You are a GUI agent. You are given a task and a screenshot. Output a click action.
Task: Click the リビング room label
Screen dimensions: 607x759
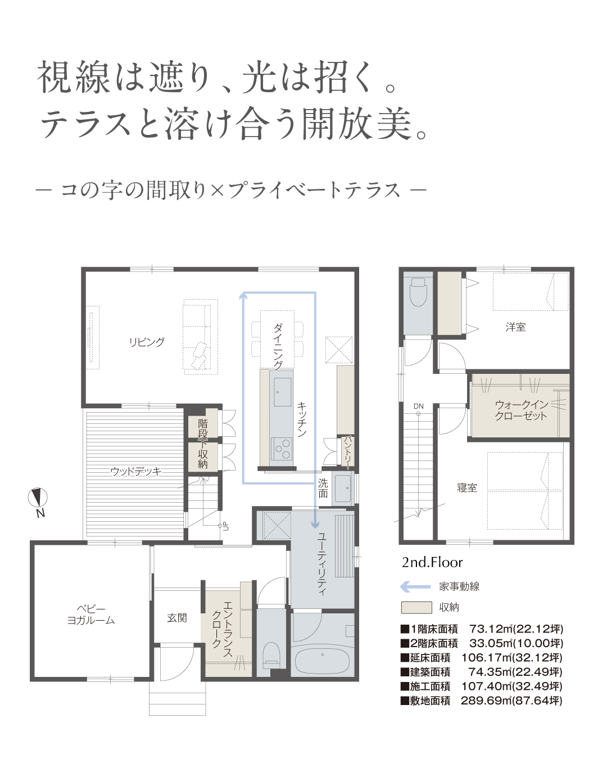pos(146,342)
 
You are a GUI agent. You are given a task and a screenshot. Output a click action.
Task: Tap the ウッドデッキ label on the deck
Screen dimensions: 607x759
pos(136,471)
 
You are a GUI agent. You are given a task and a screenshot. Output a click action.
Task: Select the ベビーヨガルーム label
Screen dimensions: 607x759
pos(91,615)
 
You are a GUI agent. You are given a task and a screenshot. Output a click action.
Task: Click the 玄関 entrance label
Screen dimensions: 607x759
pos(176,617)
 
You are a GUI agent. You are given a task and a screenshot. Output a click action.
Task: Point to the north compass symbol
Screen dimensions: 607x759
pos(38,498)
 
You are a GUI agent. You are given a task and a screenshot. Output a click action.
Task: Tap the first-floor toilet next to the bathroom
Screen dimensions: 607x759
pos(271,656)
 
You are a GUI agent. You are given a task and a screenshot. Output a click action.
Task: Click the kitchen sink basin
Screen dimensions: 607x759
pos(283,392)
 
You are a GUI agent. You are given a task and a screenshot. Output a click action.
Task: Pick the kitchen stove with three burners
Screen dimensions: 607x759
pos(282,449)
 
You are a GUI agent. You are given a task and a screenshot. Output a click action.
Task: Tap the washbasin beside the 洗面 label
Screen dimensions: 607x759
pos(342,489)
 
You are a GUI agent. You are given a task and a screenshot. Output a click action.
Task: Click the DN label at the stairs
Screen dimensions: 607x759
pos(418,406)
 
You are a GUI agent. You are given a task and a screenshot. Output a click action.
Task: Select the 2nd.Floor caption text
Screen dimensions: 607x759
pos(432,563)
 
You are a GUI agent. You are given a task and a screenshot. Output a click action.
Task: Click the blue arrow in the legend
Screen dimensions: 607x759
pos(415,587)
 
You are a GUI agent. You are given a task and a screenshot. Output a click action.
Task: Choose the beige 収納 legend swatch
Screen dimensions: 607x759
pos(416,607)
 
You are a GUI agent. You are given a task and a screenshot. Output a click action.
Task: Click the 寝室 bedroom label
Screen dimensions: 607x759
pos(466,488)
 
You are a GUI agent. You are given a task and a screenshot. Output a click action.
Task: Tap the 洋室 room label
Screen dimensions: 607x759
pos(515,327)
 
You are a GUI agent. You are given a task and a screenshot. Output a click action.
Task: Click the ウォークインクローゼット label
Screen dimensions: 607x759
pos(521,410)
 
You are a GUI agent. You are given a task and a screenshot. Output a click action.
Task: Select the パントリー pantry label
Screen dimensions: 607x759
pos(347,453)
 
